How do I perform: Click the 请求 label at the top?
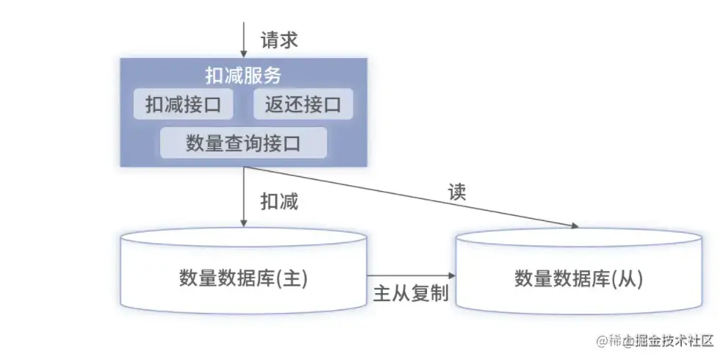point(279,40)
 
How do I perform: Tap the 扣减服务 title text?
point(243,76)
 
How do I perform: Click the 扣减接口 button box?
point(183,104)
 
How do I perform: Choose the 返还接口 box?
point(303,104)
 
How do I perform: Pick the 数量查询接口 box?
point(243,143)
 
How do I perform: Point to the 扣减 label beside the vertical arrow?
point(279,201)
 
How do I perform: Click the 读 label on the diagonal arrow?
point(457,192)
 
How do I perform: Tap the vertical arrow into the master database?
point(244,197)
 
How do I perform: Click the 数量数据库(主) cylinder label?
point(243,278)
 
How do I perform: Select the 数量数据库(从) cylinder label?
point(578,279)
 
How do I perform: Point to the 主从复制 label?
point(411,293)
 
